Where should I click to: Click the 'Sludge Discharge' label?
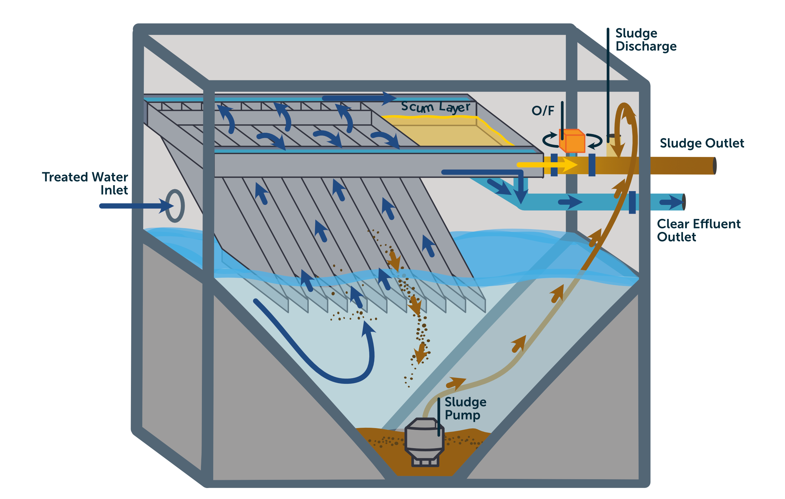[x=646, y=40]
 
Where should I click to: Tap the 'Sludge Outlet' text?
[x=701, y=143]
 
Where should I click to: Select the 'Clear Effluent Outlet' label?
[x=698, y=230]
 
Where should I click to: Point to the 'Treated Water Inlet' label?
[x=85, y=183]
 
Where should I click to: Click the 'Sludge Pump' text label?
[x=465, y=408]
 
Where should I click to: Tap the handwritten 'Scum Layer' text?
[x=435, y=107]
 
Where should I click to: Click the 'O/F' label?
[x=543, y=111]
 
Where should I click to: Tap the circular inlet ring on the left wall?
[x=175, y=206]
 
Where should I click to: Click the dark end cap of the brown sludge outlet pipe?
[x=714, y=166]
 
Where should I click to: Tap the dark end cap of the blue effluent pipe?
[x=684, y=202]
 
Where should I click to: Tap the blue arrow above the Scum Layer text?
[x=359, y=98]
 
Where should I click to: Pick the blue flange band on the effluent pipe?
[x=632, y=202]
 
